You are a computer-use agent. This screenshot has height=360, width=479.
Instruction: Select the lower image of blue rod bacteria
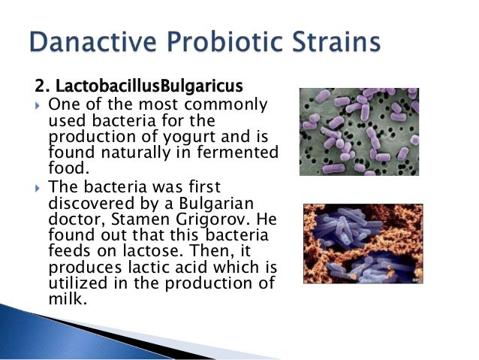tap(363, 244)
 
